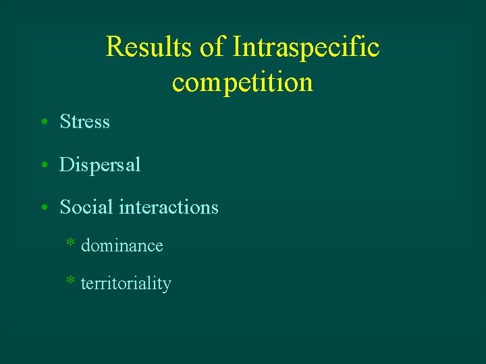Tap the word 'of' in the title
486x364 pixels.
(213, 47)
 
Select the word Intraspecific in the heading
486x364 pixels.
(306, 47)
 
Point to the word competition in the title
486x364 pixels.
(242, 82)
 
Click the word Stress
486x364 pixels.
(84, 122)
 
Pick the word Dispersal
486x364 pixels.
(100, 165)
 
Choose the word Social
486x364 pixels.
(86, 207)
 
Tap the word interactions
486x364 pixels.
(168, 207)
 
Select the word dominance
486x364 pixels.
(122, 246)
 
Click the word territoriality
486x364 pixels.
(126, 284)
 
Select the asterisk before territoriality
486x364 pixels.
(70, 281)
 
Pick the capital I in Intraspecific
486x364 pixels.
(236, 47)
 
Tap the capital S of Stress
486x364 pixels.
(65, 122)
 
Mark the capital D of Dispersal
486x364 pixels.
(67, 165)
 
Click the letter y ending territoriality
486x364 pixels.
(167, 286)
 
